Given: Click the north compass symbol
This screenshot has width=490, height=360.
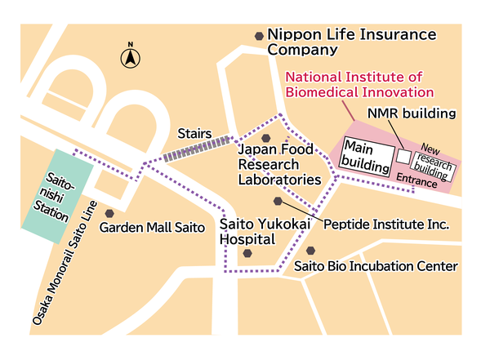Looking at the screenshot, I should point(130,57).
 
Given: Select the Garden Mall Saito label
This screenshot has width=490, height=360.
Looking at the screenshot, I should point(152,228).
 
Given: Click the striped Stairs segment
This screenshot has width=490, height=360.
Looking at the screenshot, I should point(196,146).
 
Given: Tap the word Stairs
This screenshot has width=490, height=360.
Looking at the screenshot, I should point(194,133).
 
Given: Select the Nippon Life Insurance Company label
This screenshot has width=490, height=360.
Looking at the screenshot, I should point(351,42).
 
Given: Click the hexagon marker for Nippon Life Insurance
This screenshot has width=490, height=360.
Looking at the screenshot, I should point(259,36).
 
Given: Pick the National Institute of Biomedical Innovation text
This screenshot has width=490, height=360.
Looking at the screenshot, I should point(359,84).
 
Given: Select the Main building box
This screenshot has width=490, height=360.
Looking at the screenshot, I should point(366,155).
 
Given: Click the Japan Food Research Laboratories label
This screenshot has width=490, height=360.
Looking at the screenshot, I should point(278,164).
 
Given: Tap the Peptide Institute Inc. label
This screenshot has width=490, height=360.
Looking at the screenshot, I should point(387,223).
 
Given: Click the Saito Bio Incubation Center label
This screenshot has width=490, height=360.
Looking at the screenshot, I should point(376,266).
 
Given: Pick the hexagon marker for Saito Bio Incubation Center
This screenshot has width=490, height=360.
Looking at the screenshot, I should point(310,251).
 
